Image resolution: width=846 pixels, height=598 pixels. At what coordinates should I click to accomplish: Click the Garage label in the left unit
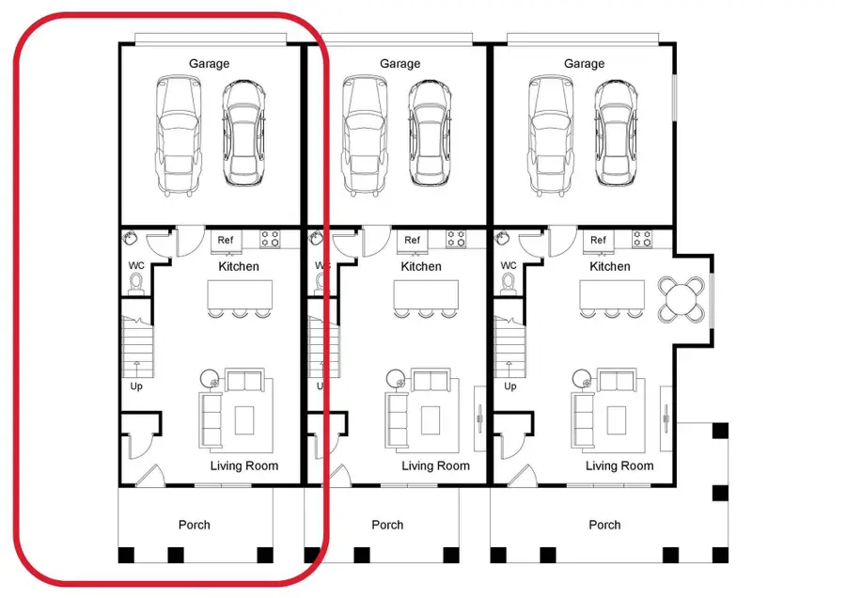pyautogui.click(x=209, y=64)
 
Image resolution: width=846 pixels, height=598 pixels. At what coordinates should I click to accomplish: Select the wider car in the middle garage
pyautogui.click(x=364, y=134)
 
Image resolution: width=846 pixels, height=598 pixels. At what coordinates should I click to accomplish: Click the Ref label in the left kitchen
pyautogui.click(x=226, y=240)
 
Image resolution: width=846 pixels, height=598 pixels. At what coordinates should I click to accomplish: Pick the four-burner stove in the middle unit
pyautogui.click(x=457, y=239)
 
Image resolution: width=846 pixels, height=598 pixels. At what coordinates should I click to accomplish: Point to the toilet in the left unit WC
pyautogui.click(x=136, y=282)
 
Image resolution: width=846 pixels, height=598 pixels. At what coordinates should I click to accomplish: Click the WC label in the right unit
pyautogui.click(x=509, y=265)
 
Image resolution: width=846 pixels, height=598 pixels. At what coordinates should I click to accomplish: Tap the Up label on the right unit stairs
pyautogui.click(x=510, y=386)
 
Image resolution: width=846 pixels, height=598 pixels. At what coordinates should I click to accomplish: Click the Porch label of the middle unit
pyautogui.click(x=387, y=525)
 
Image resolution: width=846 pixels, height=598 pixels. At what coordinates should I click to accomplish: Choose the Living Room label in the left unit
pyautogui.click(x=243, y=465)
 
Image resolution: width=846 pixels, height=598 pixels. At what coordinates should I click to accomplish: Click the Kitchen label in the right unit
pyautogui.click(x=610, y=266)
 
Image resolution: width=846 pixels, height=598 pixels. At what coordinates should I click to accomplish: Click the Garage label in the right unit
pyautogui.click(x=584, y=64)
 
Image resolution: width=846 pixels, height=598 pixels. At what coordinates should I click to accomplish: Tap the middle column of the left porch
pyautogui.click(x=175, y=554)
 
